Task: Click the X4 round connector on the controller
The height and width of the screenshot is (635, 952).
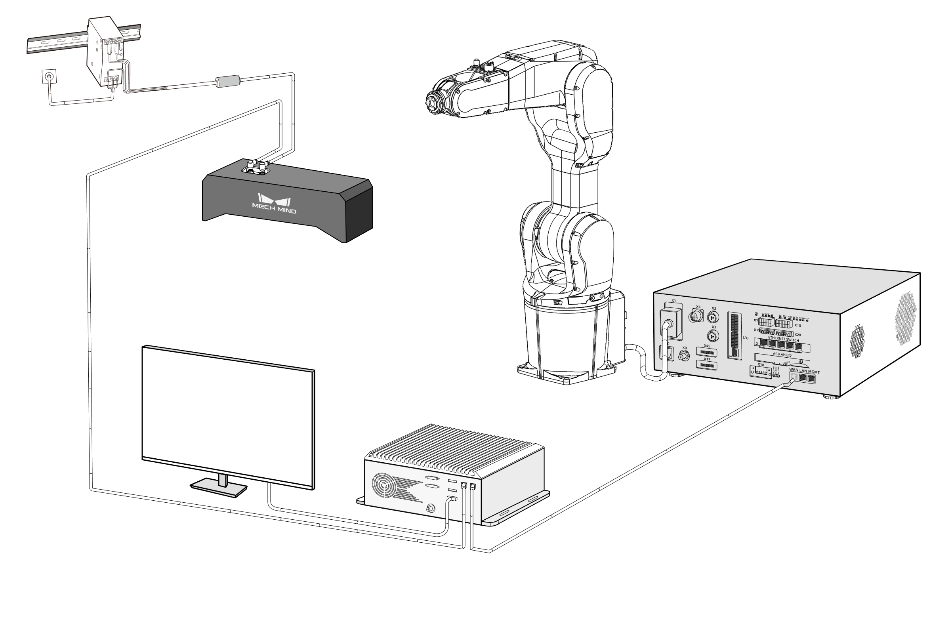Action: point(696,316)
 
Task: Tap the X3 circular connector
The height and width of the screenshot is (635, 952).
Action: point(713,336)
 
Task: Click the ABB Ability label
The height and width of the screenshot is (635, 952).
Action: point(782,355)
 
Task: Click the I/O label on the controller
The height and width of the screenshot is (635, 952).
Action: point(746,338)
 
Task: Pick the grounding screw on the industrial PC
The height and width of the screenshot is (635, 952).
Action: point(430,509)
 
